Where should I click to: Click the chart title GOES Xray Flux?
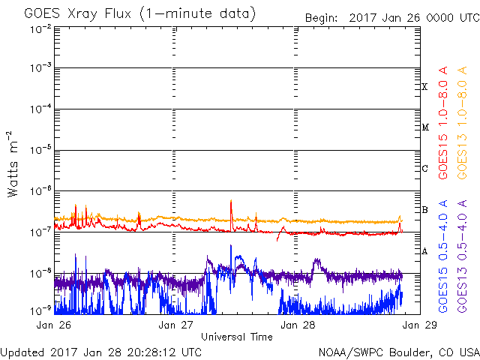pyautogui.click(x=78, y=14)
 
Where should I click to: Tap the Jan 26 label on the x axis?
pyautogui.click(x=53, y=325)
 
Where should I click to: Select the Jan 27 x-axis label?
pyautogui.click(x=175, y=325)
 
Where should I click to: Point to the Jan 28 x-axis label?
pyautogui.click(x=298, y=325)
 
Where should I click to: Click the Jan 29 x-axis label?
pyautogui.click(x=420, y=325)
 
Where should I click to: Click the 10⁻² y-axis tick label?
pyautogui.click(x=40, y=29)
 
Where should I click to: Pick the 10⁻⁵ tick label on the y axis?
pyautogui.click(x=40, y=150)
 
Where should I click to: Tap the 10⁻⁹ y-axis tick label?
pyautogui.click(x=40, y=310)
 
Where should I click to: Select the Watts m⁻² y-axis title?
pyautogui.click(x=12, y=164)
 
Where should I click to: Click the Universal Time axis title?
pyautogui.click(x=237, y=337)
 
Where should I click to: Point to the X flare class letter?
pyautogui.click(x=424, y=87)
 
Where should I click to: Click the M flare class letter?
pyautogui.click(x=425, y=127)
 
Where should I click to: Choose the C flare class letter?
pyautogui.click(x=424, y=168)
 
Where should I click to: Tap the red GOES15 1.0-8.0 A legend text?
pyautogui.click(x=443, y=123)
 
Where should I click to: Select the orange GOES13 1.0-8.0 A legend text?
pyautogui.click(x=462, y=123)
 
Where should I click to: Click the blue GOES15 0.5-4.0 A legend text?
pyautogui.click(x=443, y=256)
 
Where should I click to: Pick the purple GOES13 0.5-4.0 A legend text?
pyautogui.click(x=462, y=256)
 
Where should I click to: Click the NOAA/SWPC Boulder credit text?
pyautogui.click(x=399, y=352)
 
